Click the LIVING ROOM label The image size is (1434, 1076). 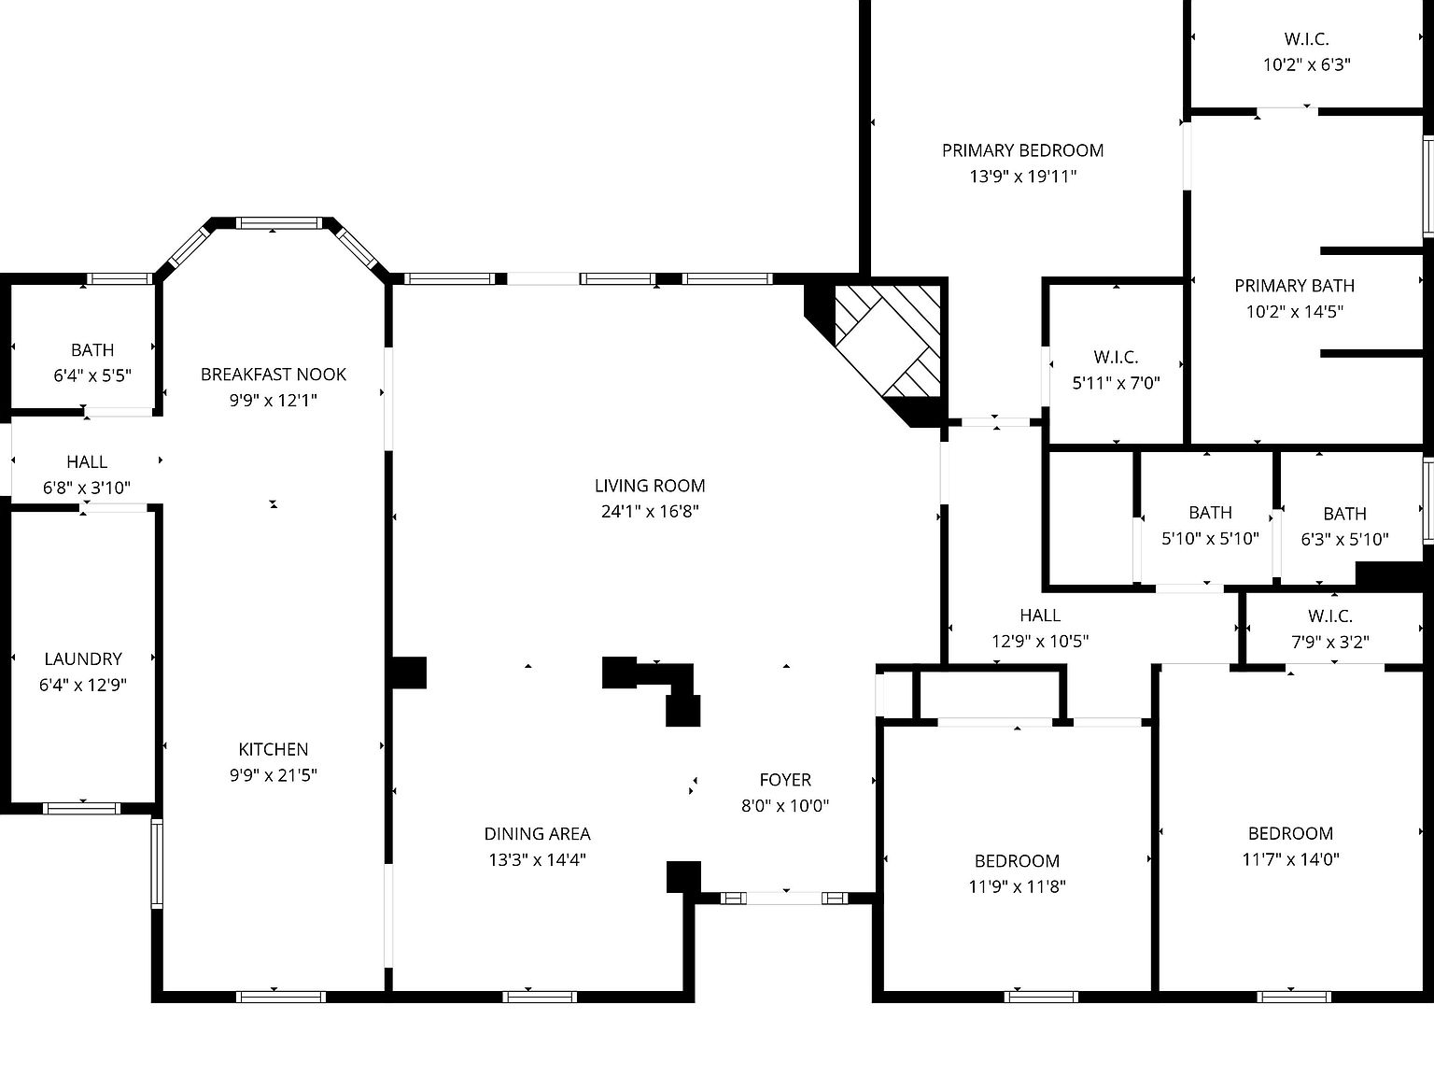tap(650, 486)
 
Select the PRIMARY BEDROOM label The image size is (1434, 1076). tap(1022, 150)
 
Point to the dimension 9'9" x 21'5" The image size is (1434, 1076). tap(274, 775)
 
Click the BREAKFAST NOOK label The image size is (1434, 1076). tap(274, 375)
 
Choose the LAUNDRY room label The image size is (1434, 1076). tap(83, 658)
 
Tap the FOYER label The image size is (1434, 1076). tap(785, 780)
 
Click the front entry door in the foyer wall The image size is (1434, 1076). tap(784, 899)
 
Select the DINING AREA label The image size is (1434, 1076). tap(537, 834)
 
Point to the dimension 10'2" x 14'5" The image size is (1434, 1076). tap(1294, 312)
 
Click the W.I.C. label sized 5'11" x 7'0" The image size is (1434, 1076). tap(1116, 357)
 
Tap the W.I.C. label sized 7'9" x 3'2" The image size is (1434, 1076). tap(1330, 616)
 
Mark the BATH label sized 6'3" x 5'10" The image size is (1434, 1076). tap(1344, 514)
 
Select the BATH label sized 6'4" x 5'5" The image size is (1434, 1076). tap(92, 350)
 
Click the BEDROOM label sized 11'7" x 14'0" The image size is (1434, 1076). tap(1290, 833)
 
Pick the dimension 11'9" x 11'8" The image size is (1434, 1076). tap(1017, 887)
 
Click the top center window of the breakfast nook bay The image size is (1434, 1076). tap(278, 223)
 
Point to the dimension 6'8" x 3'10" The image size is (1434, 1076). tap(87, 488)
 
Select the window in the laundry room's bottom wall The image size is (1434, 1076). tap(82, 808)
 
